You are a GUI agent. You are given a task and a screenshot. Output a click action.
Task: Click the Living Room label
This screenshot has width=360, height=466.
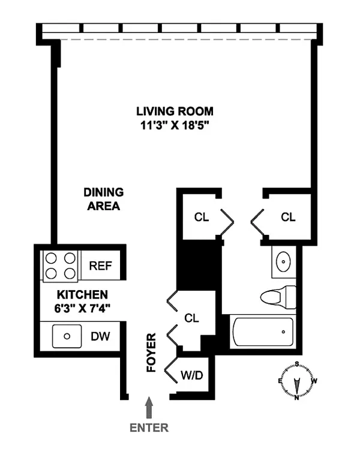point(175,111)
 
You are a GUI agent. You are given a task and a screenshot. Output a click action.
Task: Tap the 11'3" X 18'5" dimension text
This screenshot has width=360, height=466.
point(175,126)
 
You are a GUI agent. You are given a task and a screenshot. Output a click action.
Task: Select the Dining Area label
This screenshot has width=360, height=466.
point(103,199)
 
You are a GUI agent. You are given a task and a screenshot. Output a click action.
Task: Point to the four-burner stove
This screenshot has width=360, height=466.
point(60,266)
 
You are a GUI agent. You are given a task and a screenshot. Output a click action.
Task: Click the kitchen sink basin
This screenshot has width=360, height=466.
point(67,336)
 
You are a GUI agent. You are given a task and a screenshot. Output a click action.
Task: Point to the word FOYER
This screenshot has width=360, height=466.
point(151,353)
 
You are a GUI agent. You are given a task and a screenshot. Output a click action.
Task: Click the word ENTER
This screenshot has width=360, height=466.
point(149,428)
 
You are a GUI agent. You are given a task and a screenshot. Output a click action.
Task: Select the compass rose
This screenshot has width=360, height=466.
point(297,381)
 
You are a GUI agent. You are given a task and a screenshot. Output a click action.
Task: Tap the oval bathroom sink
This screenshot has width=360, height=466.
point(283,261)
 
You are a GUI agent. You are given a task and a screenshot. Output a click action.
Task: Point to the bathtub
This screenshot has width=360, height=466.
point(263,331)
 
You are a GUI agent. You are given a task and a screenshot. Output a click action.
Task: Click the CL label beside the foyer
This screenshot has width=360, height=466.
point(192,318)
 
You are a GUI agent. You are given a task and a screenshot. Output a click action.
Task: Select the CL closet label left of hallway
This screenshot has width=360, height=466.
point(202,217)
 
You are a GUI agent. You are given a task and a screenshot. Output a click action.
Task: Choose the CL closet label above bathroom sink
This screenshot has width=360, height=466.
point(289,217)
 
